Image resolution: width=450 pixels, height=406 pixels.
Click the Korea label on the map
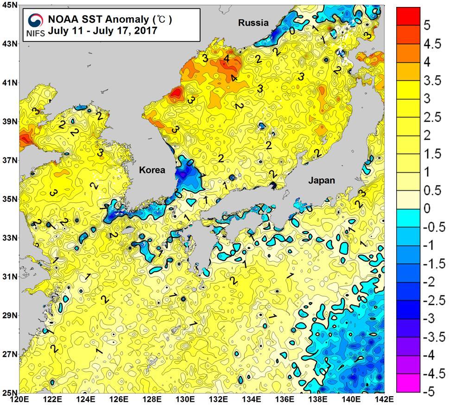point(152,170)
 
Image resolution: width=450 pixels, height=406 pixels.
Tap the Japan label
point(322,180)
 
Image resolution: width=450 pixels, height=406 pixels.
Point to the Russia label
point(253,22)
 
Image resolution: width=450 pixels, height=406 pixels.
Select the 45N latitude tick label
point(9,5)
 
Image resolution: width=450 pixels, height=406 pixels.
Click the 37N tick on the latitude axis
point(9,160)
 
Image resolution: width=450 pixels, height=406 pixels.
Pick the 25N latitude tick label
point(9,393)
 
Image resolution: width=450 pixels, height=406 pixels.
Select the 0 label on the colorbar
point(427,208)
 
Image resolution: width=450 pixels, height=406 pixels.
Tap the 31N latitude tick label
point(9,277)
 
